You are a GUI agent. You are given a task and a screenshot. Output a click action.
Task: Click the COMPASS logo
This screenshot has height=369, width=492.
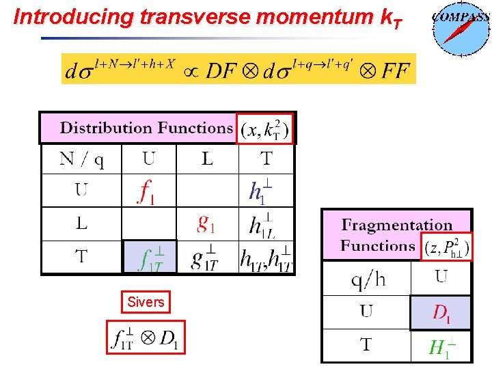coord(461,28)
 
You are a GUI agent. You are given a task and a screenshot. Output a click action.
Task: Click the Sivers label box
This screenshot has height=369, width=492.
coord(146,302)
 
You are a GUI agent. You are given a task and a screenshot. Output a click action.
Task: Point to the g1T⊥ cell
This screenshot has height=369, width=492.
coord(207,258)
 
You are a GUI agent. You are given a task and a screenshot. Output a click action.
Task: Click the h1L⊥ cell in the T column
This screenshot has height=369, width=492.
coord(262,224)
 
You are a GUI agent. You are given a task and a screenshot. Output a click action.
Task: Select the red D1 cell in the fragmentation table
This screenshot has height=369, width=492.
coord(441,312)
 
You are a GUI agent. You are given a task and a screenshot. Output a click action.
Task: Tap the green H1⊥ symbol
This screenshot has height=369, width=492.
coord(441,346)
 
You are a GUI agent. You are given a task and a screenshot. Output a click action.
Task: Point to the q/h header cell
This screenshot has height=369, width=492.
coord(366,278)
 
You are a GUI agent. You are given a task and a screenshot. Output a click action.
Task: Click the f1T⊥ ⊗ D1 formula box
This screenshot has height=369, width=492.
coord(146,337)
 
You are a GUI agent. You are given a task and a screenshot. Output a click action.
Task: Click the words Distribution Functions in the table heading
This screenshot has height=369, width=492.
coord(146,128)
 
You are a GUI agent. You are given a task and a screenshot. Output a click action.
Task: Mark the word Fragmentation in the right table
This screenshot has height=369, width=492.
coord(397,225)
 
